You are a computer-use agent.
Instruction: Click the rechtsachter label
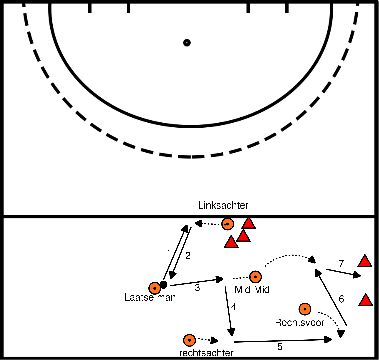[187, 353]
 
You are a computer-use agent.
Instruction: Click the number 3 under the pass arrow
[197, 288]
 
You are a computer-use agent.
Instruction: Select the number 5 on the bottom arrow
[279, 346]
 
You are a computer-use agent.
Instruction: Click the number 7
[341, 263]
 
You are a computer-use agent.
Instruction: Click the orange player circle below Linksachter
[227, 224]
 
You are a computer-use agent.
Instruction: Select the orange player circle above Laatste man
[154, 285]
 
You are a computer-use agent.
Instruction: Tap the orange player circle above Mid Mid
[256, 276]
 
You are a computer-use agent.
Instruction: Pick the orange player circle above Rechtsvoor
[305, 309]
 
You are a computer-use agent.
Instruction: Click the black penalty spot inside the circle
[186, 42]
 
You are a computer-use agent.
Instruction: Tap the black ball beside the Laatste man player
[164, 285]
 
